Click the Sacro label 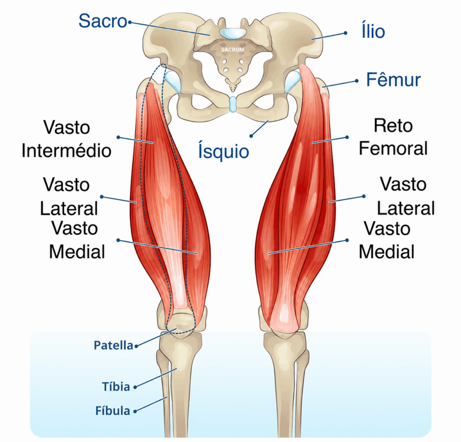coord(103,21)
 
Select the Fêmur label coord(393,79)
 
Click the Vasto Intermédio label coord(67,139)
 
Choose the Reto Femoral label coord(393,137)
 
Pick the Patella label coord(113,345)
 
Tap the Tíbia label coord(116,387)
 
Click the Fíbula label coord(113,410)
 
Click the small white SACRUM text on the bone coord(233,50)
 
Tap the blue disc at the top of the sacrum coord(233,33)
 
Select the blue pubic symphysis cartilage coord(233,104)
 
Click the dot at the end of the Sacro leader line coord(129,22)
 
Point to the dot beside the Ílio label coord(345,33)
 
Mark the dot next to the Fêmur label coord(357,81)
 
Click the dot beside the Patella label coord(136,347)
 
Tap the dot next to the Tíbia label coord(135,388)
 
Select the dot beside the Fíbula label coord(135,411)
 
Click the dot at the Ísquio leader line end coord(251,136)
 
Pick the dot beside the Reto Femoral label coord(347,137)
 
